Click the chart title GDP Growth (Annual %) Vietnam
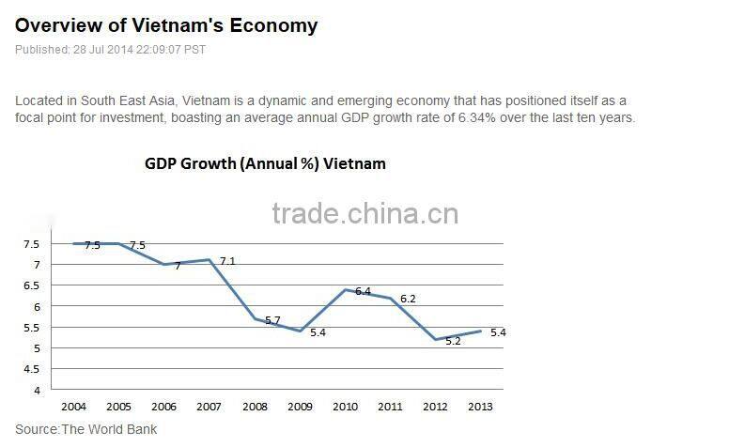coord(265,163)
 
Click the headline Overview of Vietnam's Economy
coord(166,25)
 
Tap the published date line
coord(110,50)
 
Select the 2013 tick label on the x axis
coord(478,407)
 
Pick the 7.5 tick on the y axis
coord(31,244)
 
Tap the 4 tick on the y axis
coord(36,390)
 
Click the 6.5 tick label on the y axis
coord(31,285)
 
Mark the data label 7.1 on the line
coord(227,261)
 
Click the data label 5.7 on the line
coord(272,320)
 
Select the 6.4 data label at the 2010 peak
coord(363,291)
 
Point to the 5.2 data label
coord(453,341)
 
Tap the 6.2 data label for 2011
coord(408,299)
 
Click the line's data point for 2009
coord(299,331)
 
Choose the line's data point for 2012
coord(435,340)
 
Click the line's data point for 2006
coord(163,265)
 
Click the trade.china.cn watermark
coord(364,215)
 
